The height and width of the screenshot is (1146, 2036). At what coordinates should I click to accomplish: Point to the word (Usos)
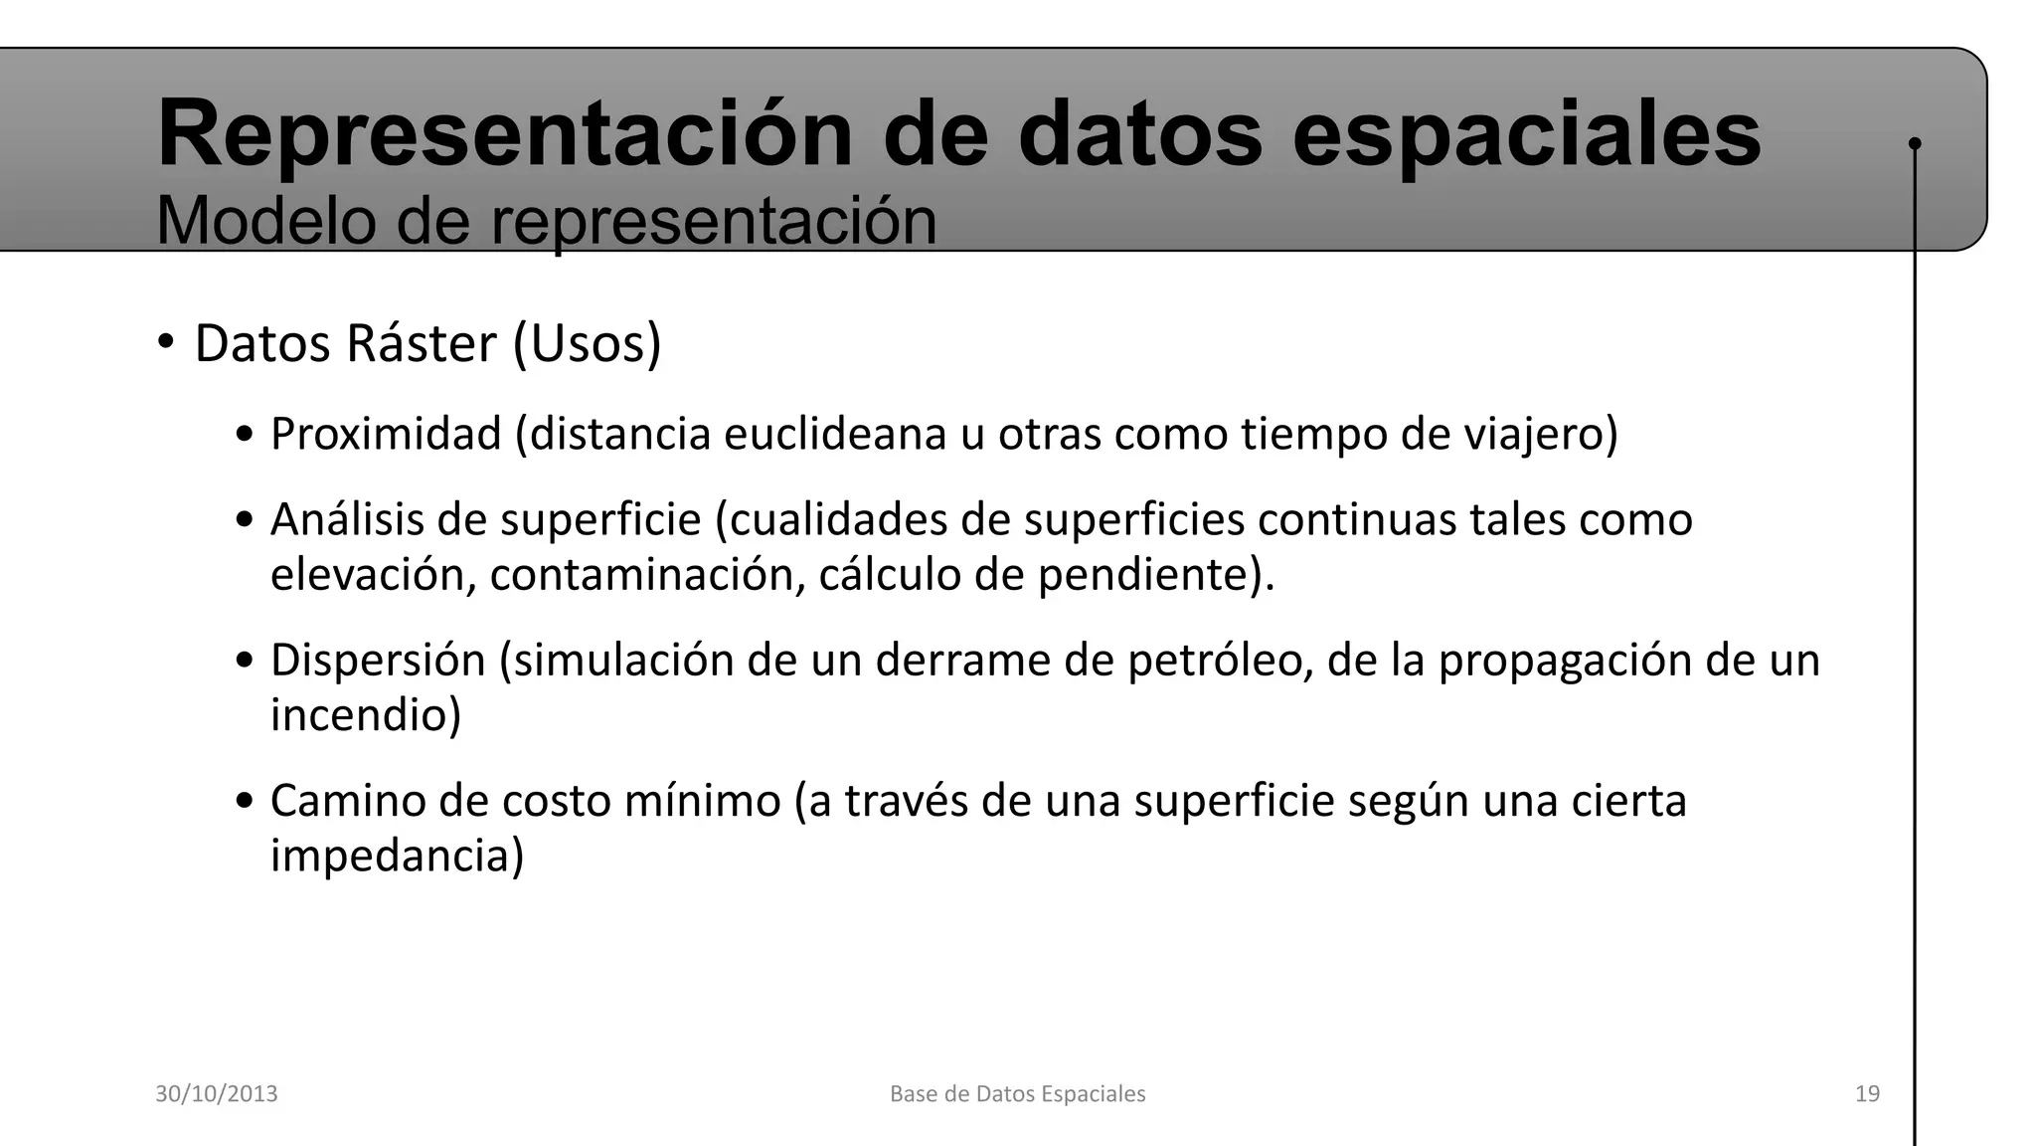(x=587, y=344)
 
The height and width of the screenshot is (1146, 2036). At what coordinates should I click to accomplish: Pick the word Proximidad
(x=386, y=435)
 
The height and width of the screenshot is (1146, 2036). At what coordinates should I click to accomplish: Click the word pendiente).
(x=1156, y=575)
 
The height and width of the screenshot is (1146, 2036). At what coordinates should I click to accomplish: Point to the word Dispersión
(x=378, y=661)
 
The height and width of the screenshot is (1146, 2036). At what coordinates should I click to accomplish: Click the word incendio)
(x=366, y=715)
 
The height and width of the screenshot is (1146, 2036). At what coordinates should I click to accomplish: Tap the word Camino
(x=348, y=801)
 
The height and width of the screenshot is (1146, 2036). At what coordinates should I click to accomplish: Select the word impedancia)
(x=397, y=856)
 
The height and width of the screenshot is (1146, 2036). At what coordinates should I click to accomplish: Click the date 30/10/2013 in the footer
(x=217, y=1094)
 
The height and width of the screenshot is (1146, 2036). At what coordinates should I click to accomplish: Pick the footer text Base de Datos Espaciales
(x=1017, y=1094)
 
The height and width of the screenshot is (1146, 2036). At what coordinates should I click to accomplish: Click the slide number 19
(x=1867, y=1094)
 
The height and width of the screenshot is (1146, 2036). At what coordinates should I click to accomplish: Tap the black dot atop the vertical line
(x=1915, y=144)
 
